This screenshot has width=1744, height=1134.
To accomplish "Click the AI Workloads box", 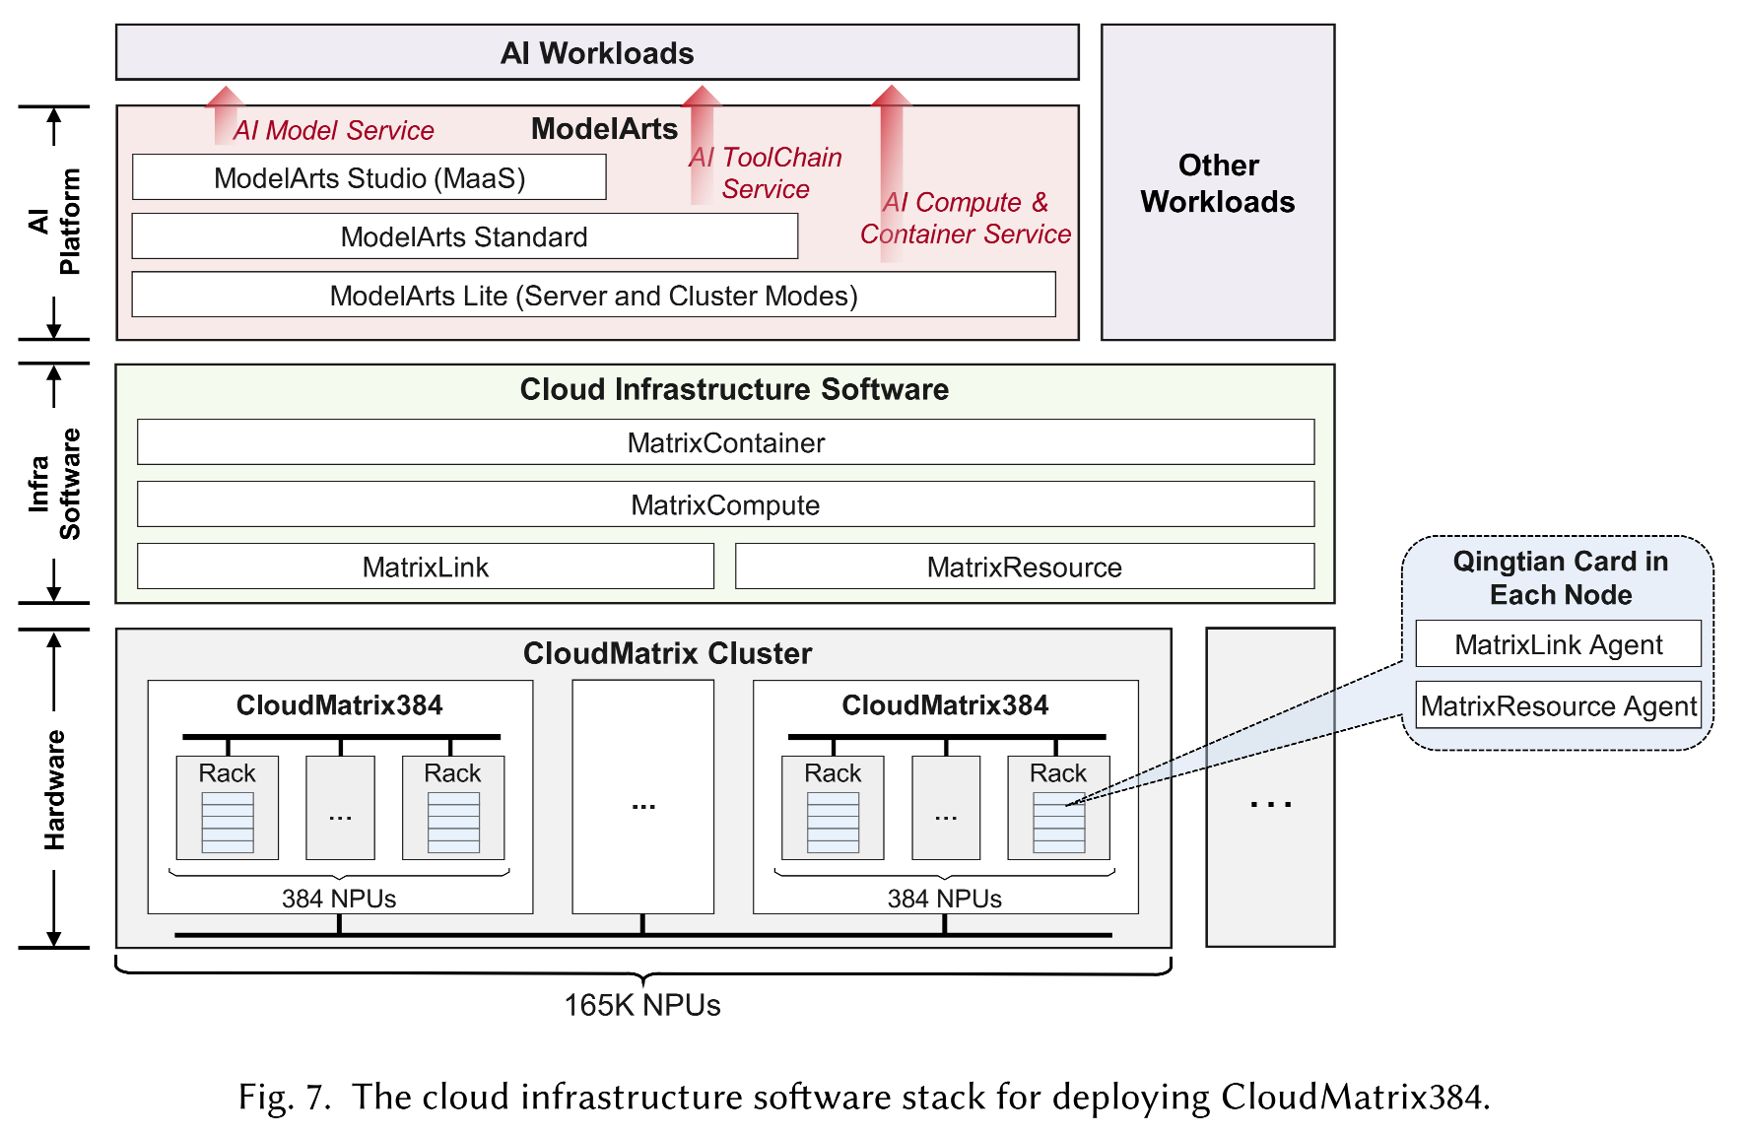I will (x=597, y=52).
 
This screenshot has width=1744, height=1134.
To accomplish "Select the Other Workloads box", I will (x=1217, y=183).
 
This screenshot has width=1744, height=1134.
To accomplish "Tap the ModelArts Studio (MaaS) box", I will (x=369, y=178).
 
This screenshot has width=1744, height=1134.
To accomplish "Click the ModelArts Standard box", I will (x=464, y=237).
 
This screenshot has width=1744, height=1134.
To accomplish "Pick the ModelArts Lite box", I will (x=593, y=296).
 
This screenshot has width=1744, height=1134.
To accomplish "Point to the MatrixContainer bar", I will (x=725, y=442).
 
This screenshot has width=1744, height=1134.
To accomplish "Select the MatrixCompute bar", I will (x=725, y=505).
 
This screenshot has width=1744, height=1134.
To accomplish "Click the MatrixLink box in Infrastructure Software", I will (x=425, y=567).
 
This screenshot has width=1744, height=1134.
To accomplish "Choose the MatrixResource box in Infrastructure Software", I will (x=1024, y=567).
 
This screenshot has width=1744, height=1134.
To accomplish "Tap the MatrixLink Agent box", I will (x=1558, y=644).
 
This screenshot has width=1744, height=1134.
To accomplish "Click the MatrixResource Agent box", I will (x=1558, y=705).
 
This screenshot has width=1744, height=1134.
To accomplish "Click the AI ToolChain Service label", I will (x=766, y=172).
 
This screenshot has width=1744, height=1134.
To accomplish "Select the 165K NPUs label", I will (x=642, y=1005).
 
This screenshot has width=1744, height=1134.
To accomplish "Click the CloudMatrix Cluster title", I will (x=667, y=653).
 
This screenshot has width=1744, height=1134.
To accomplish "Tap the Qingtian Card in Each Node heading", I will (x=1561, y=577).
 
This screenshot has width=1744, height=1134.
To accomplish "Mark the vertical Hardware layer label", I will (x=54, y=789).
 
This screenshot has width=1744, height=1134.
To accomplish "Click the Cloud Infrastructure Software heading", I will (x=734, y=389).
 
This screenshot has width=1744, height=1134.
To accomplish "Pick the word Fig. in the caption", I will (x=265, y=1098).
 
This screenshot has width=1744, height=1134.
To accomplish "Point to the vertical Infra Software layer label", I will (x=54, y=484).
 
